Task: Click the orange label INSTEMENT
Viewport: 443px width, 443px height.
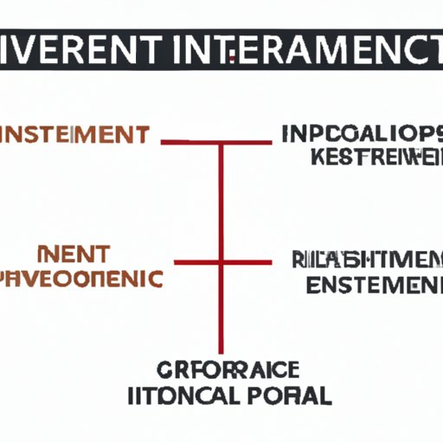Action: tap(74, 136)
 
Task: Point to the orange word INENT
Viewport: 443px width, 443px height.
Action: tap(74, 255)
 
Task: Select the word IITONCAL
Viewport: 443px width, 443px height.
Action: tap(183, 397)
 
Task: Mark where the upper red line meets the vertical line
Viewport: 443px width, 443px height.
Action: tap(221, 141)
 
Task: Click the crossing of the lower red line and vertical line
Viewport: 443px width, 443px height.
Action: tap(221, 261)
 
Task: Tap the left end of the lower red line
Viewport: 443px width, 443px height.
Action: tap(176, 261)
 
